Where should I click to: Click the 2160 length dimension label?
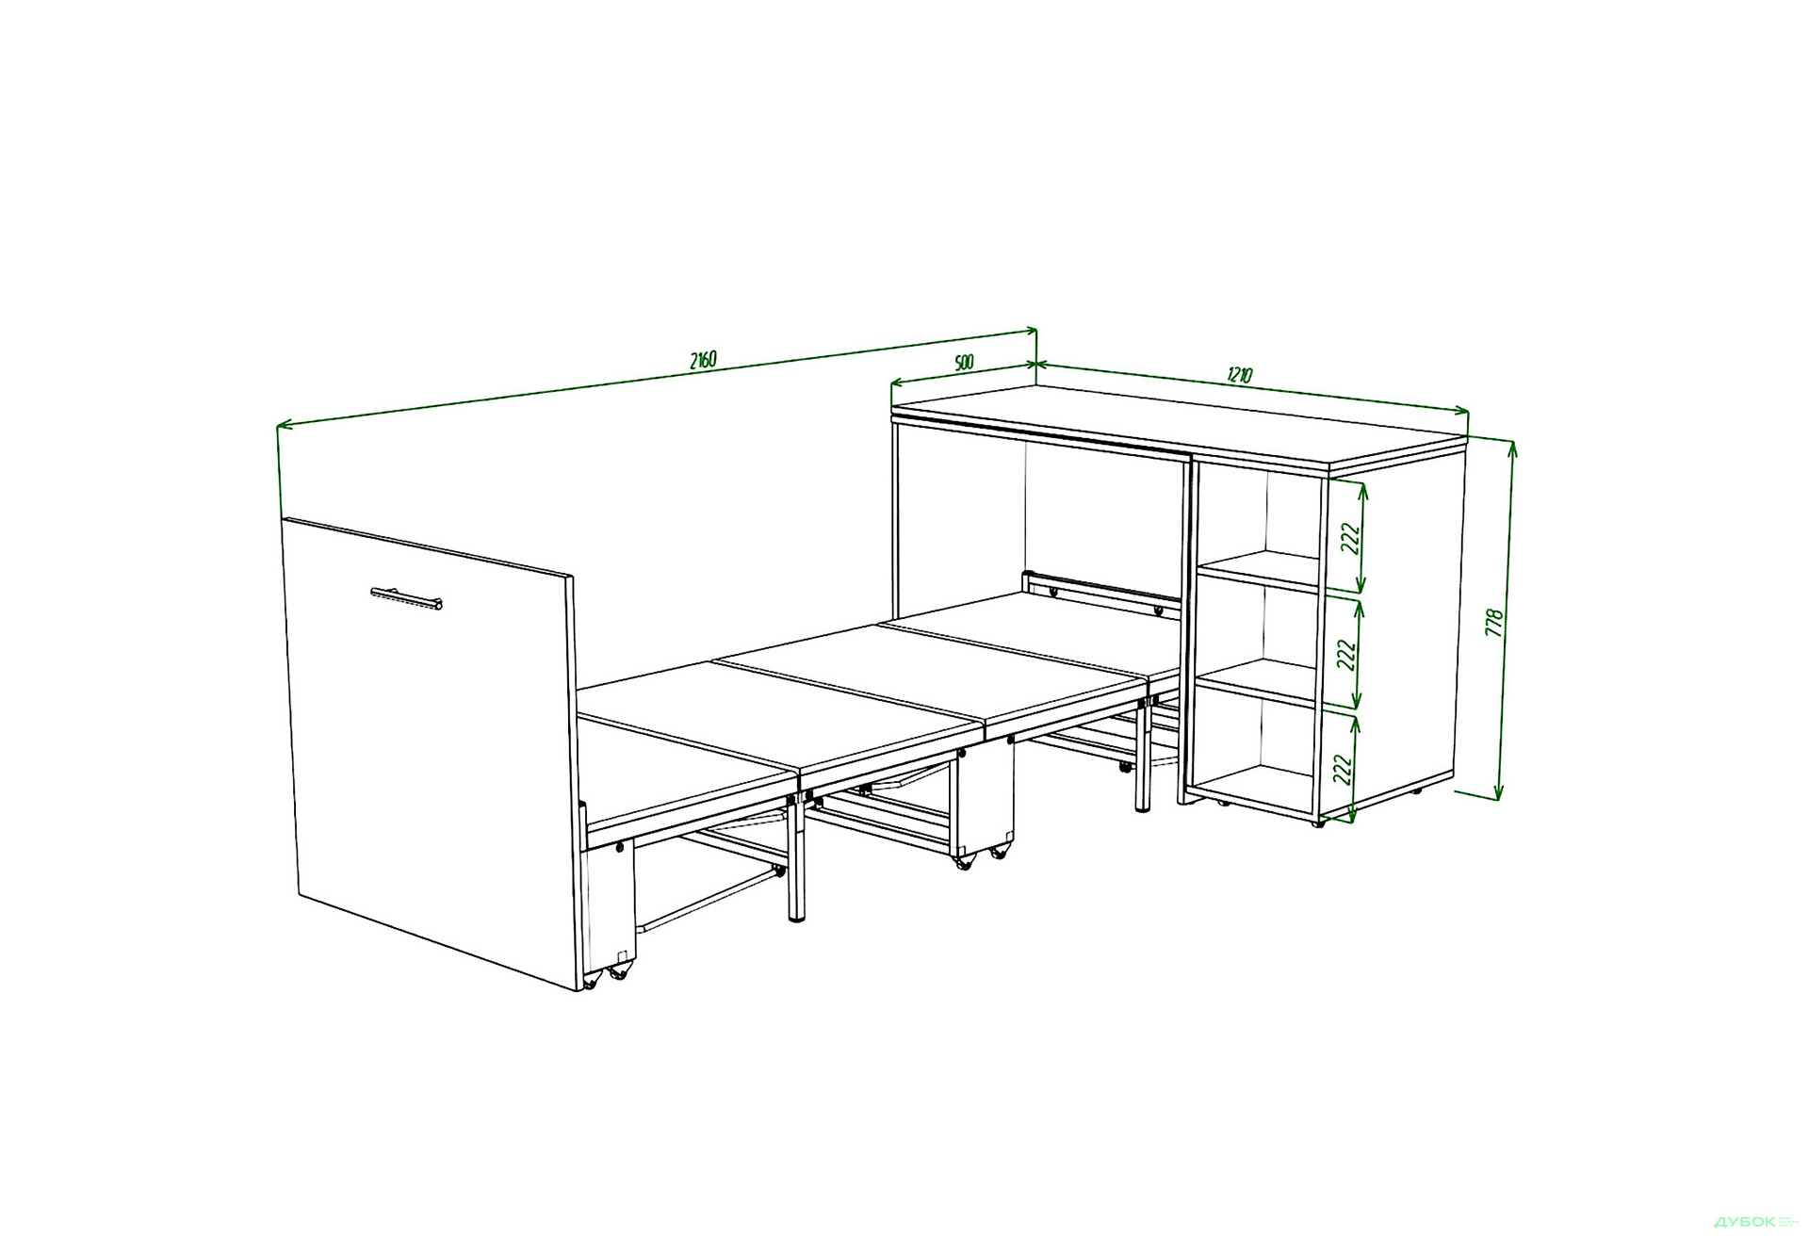click(703, 360)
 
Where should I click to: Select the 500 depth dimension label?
click(964, 363)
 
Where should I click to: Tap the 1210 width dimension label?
click(1240, 375)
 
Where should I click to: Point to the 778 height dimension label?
click(1494, 623)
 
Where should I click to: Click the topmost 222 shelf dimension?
click(1351, 538)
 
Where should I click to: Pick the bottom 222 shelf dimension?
click(1344, 769)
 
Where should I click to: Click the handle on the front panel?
click(406, 598)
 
